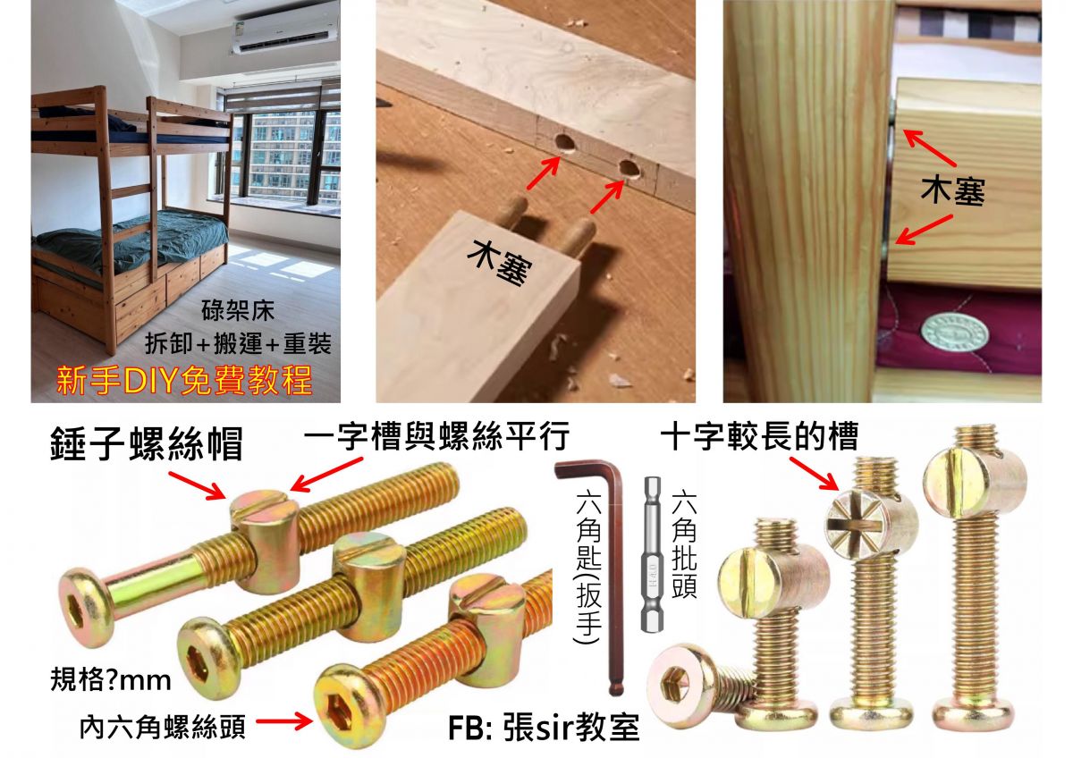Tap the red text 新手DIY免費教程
click(184, 380)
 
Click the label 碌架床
click(238, 311)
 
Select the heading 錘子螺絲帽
click(147, 444)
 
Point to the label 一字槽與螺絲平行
click(437, 435)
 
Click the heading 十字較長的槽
click(759, 435)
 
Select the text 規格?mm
click(111, 680)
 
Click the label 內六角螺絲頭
click(163, 727)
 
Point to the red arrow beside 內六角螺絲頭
click(283, 721)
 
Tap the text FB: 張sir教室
click(544, 728)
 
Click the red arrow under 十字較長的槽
click(814, 474)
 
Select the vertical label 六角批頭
click(683, 543)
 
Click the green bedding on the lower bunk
click(134, 240)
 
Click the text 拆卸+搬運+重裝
click(238, 344)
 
